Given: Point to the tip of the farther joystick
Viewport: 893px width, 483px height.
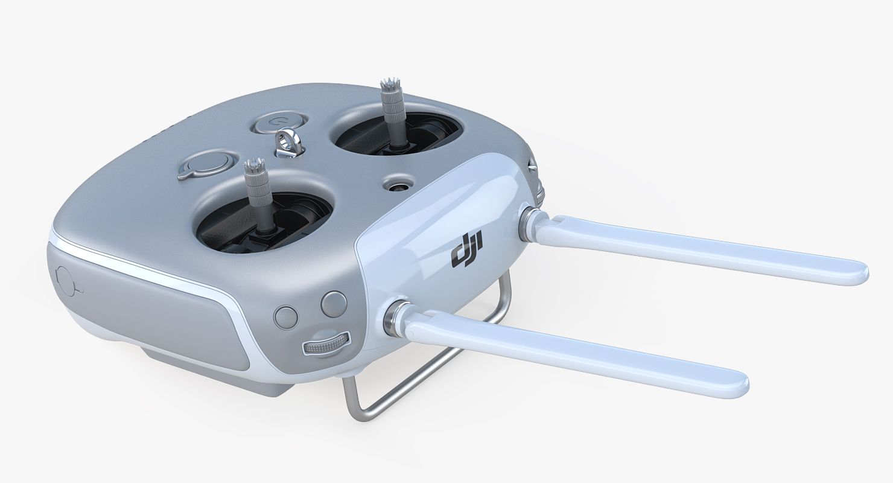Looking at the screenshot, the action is (387, 85).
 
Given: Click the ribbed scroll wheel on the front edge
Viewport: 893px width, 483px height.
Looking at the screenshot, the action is (326, 344).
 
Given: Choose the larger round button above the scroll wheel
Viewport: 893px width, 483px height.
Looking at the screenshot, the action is (334, 304).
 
